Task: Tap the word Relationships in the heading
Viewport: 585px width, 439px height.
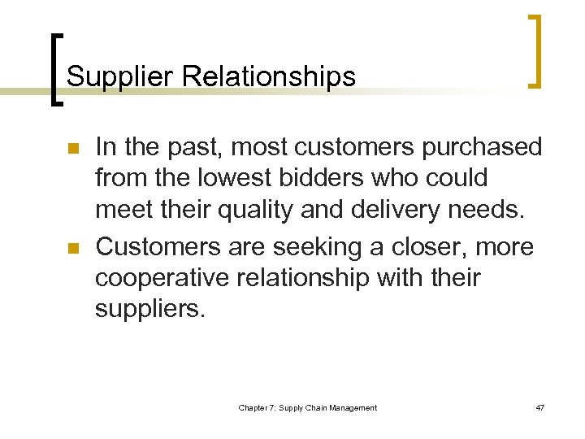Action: pos(269,76)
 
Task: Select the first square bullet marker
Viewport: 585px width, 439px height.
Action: pos(72,150)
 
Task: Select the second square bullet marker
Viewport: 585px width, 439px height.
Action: pos(72,248)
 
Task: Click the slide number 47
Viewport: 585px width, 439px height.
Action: pos(539,407)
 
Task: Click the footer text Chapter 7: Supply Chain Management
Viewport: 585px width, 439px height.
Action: pos(307,407)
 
